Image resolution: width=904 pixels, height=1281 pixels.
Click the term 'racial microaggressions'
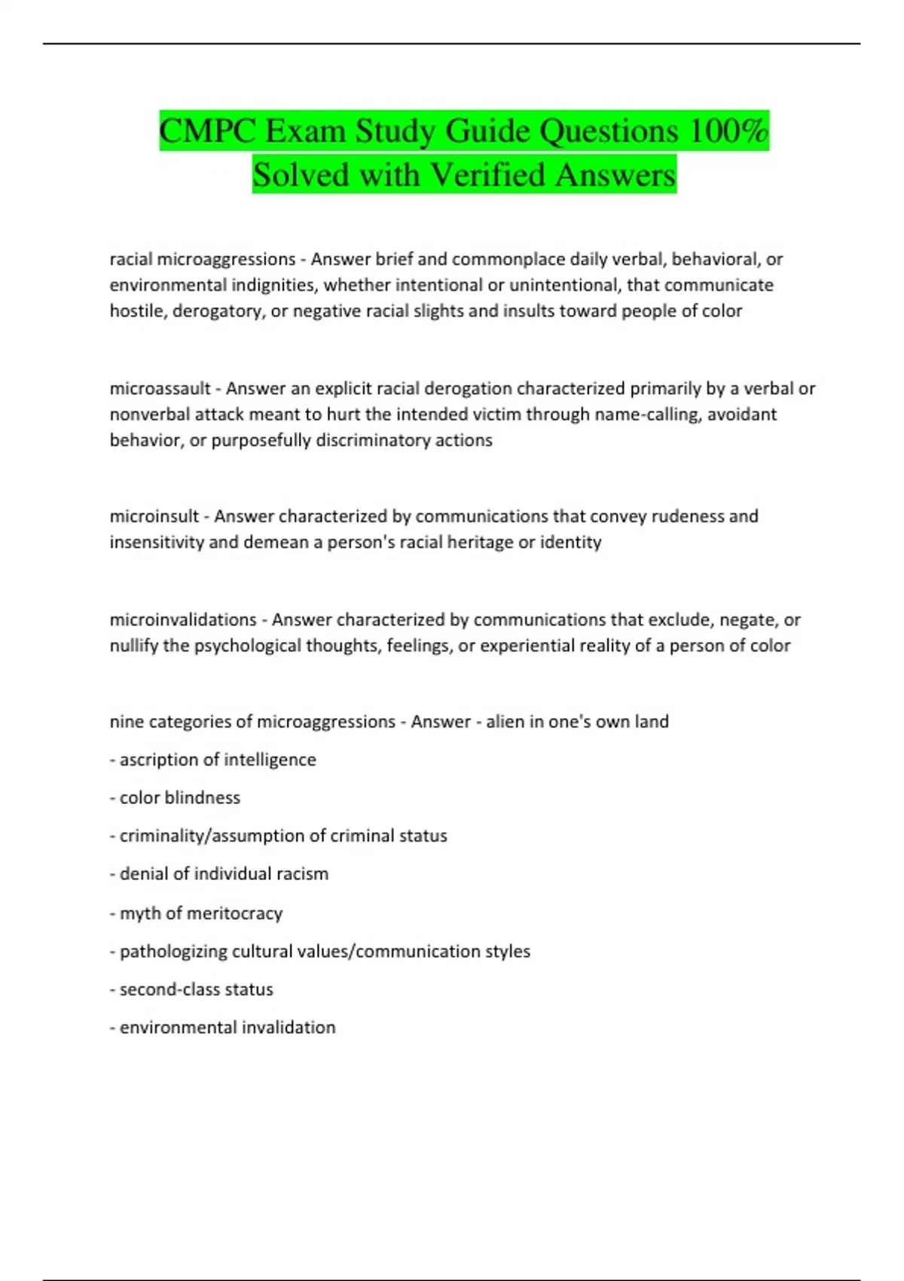(203, 259)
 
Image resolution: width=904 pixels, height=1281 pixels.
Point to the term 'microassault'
(160, 388)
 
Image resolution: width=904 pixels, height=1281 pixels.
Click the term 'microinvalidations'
(183, 619)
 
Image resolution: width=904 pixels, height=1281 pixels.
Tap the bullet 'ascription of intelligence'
(217, 760)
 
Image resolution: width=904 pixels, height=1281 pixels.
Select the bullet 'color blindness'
(179, 797)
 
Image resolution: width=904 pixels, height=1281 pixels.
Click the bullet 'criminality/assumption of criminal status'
(282, 836)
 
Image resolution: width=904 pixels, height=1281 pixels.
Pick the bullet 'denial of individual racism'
(224, 874)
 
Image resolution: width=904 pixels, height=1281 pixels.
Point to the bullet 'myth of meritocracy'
(200, 913)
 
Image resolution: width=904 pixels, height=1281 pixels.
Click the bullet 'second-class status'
(196, 989)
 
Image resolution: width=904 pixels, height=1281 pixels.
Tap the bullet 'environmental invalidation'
(227, 1028)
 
